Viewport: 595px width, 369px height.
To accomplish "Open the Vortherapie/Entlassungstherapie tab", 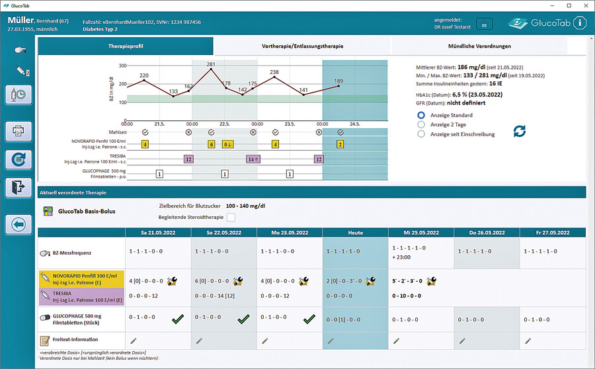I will click(302, 46).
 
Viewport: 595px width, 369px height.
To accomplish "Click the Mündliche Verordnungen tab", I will click(479, 46).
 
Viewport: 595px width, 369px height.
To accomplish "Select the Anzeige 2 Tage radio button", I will click(421, 124).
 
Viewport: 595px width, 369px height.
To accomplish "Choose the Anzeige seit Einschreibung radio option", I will click(421, 134).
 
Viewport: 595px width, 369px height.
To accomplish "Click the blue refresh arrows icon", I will click(520, 131).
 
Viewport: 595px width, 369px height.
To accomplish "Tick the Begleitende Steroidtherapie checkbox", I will click(231, 217).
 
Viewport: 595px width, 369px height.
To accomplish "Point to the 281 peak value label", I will click(211, 65).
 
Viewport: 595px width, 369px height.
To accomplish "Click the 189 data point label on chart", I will click(338, 81).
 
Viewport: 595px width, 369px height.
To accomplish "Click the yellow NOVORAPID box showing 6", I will click(211, 143).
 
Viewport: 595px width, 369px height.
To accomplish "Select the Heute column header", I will click(355, 233).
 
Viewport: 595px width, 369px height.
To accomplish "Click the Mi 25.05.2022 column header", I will click(420, 233).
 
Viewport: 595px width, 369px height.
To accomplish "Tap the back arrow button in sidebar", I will click(19, 225).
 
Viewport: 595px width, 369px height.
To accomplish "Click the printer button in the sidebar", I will click(19, 131).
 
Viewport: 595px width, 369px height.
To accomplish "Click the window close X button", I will click(584, 5).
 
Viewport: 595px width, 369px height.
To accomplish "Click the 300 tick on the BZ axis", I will click(122, 65).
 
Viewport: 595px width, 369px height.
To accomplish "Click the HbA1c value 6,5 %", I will click(469, 95).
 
